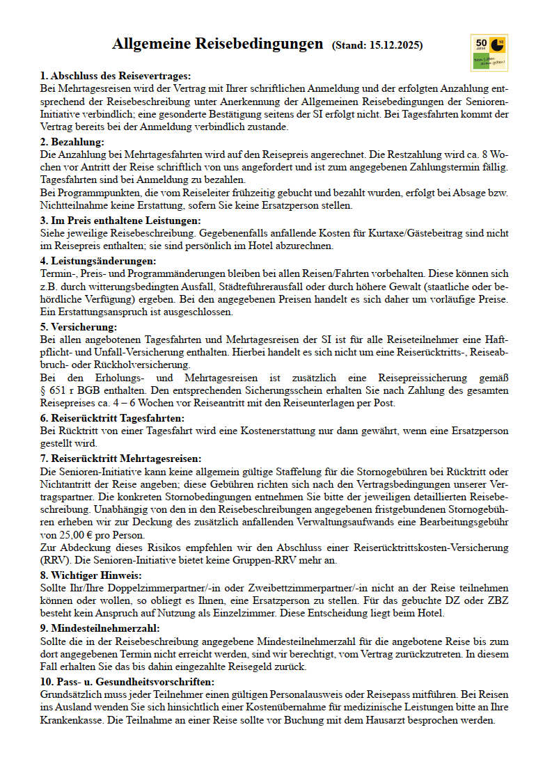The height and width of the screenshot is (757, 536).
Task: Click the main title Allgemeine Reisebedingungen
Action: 217,45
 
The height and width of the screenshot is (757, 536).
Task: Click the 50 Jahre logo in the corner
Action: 489,53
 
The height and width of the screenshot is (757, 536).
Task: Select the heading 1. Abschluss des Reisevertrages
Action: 116,76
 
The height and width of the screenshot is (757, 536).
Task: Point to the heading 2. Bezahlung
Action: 72,142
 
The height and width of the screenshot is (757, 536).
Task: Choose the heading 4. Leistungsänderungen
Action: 98,261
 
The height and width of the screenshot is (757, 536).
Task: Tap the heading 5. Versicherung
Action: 79,327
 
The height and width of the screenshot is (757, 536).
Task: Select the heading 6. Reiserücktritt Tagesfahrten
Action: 112,418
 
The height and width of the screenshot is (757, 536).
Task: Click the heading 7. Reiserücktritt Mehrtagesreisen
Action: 120,459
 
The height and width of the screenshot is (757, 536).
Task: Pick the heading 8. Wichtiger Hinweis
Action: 90,575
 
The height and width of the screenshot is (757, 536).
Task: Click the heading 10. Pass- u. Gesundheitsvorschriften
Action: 127,681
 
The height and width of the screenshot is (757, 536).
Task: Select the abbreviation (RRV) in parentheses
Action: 55,561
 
